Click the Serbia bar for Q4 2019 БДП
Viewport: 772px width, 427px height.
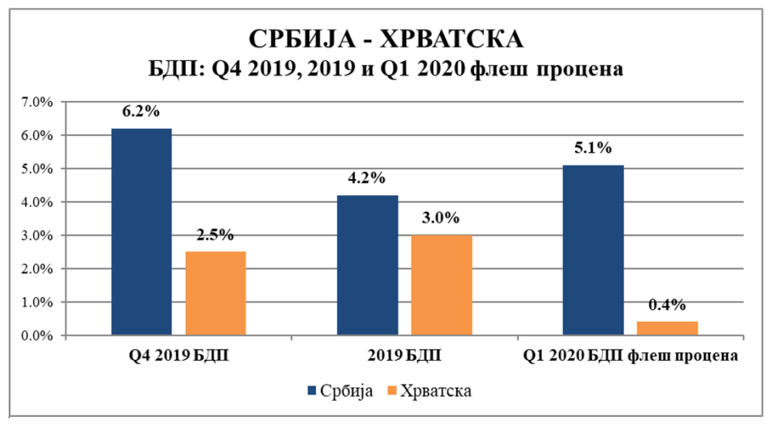(141, 232)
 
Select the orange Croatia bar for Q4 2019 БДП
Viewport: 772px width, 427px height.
(216, 293)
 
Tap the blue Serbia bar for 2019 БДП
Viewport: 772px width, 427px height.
(368, 266)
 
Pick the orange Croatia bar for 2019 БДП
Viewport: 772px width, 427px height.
(442, 286)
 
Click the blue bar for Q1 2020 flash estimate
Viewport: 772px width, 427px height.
(594, 250)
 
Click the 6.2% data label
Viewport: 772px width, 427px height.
(141, 111)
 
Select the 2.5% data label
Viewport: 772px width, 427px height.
(216, 235)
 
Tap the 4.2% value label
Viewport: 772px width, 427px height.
(367, 178)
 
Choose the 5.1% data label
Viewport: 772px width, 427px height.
(593, 147)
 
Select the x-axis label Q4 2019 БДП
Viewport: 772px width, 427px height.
(179, 357)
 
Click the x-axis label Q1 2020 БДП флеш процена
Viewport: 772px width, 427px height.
(631, 357)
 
